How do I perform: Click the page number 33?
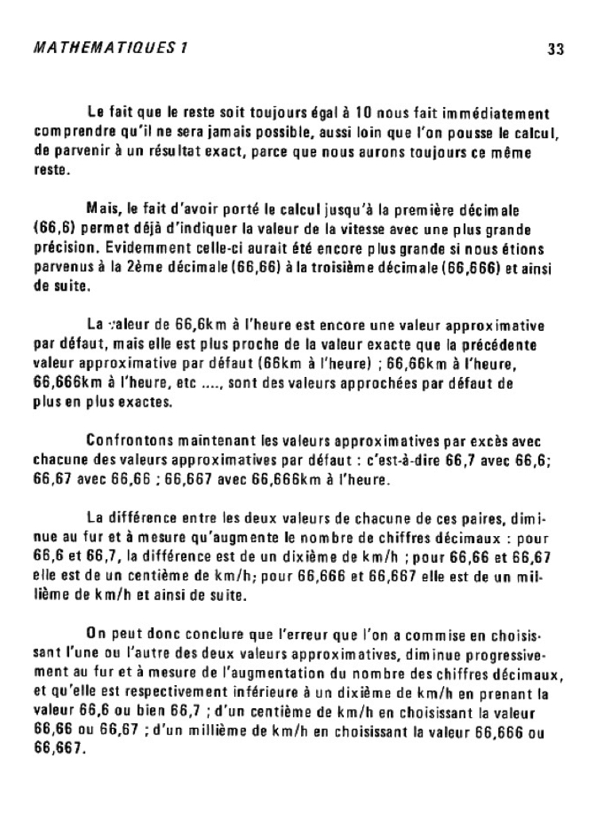pyautogui.click(x=555, y=49)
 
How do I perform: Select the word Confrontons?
pyautogui.click(x=129, y=441)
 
